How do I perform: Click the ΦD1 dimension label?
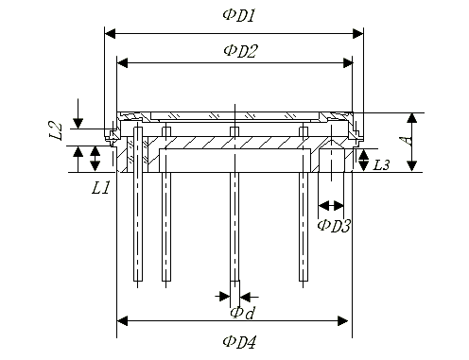pos(238,15)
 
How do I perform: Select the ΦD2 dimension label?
pos(240,51)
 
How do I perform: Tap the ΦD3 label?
pos(334,226)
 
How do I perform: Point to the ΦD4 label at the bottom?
pos(239,342)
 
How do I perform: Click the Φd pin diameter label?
pos(242,313)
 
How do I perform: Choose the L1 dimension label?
pos(100,188)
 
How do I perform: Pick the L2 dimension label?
pos(56,131)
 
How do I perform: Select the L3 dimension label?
pos(381,164)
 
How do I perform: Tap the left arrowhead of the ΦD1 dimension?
pos(110,33)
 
